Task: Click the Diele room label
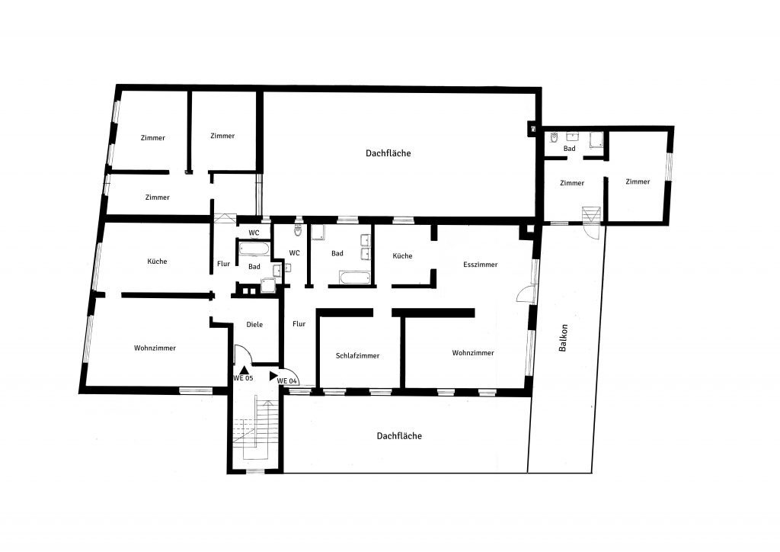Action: (x=254, y=325)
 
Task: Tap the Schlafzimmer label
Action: (x=357, y=356)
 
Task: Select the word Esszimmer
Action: (x=480, y=265)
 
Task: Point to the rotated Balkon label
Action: (x=563, y=338)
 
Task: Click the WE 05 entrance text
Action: (x=243, y=378)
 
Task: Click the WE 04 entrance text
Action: (x=287, y=380)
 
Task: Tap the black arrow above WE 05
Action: (x=244, y=369)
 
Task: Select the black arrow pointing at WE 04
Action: (x=273, y=376)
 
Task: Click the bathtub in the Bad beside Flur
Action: (x=253, y=249)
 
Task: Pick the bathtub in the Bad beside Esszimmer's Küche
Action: (x=355, y=278)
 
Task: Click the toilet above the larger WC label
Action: (x=298, y=230)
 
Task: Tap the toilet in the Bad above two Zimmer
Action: (x=554, y=137)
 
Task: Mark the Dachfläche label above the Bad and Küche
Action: (x=388, y=153)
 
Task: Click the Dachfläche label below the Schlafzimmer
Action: (x=399, y=436)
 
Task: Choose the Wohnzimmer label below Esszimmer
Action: (x=472, y=353)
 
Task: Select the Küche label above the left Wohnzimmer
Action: (x=157, y=262)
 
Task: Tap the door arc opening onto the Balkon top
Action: (x=595, y=236)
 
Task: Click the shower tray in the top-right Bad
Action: (x=596, y=140)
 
